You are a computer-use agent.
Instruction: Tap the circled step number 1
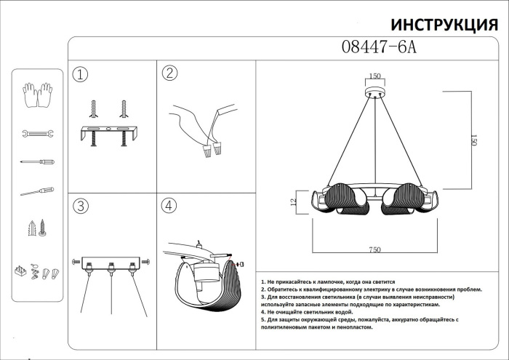pyautogui.click(x=80, y=74)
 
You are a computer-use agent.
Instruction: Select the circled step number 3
pyautogui.click(x=80, y=206)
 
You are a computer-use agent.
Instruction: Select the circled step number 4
pyautogui.click(x=169, y=206)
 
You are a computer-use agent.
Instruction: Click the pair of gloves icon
pyautogui.click(x=38, y=94)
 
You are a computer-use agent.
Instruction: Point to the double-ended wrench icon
pyautogui.click(x=37, y=134)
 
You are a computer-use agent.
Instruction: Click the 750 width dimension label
pyautogui.click(x=374, y=249)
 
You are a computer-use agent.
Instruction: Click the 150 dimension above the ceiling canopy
pyautogui.click(x=375, y=76)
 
